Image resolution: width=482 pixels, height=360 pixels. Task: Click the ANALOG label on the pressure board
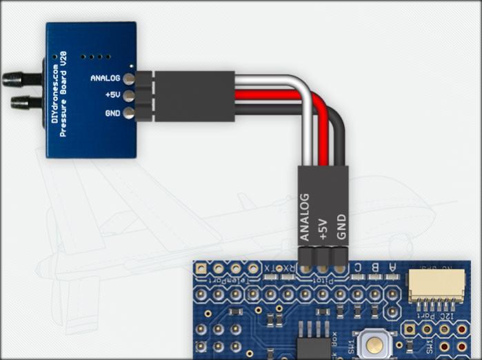[x=106, y=78]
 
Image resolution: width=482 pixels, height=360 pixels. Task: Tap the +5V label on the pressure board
[x=112, y=95]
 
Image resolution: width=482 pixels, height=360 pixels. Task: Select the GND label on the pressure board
[x=113, y=112]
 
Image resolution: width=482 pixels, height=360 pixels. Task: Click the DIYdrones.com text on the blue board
[x=55, y=92]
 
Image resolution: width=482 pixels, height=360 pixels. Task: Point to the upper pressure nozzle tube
[x=17, y=79]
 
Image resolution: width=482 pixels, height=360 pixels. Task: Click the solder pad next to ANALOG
[x=129, y=78]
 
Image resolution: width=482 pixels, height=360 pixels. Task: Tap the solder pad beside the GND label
[x=129, y=112]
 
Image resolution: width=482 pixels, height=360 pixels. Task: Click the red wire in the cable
[x=276, y=95]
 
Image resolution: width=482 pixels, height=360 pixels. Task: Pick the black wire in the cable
[x=276, y=110]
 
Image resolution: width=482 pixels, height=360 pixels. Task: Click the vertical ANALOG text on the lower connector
[x=305, y=217]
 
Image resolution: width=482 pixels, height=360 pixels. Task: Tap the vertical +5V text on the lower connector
[x=323, y=227]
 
